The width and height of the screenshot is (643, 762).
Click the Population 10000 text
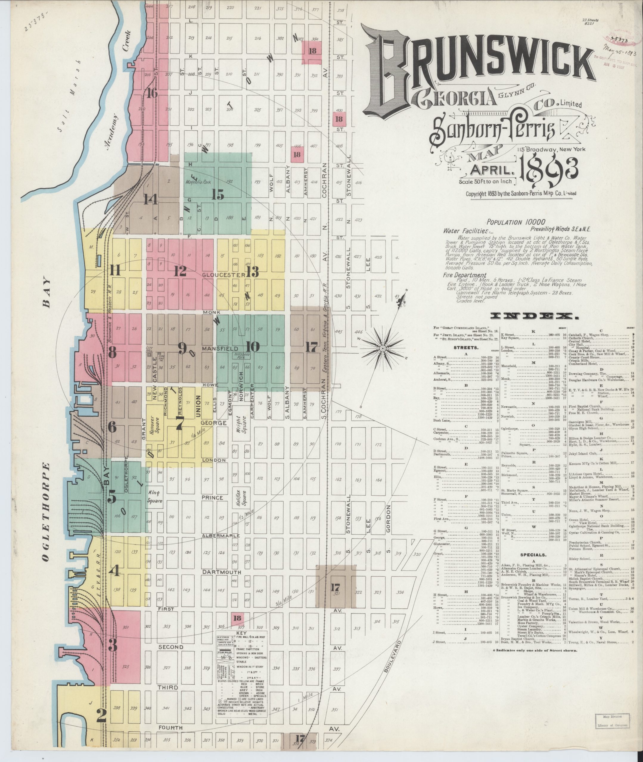click(516, 222)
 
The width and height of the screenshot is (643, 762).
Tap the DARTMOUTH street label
click(217, 572)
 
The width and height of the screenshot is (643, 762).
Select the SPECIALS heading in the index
click(534, 555)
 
